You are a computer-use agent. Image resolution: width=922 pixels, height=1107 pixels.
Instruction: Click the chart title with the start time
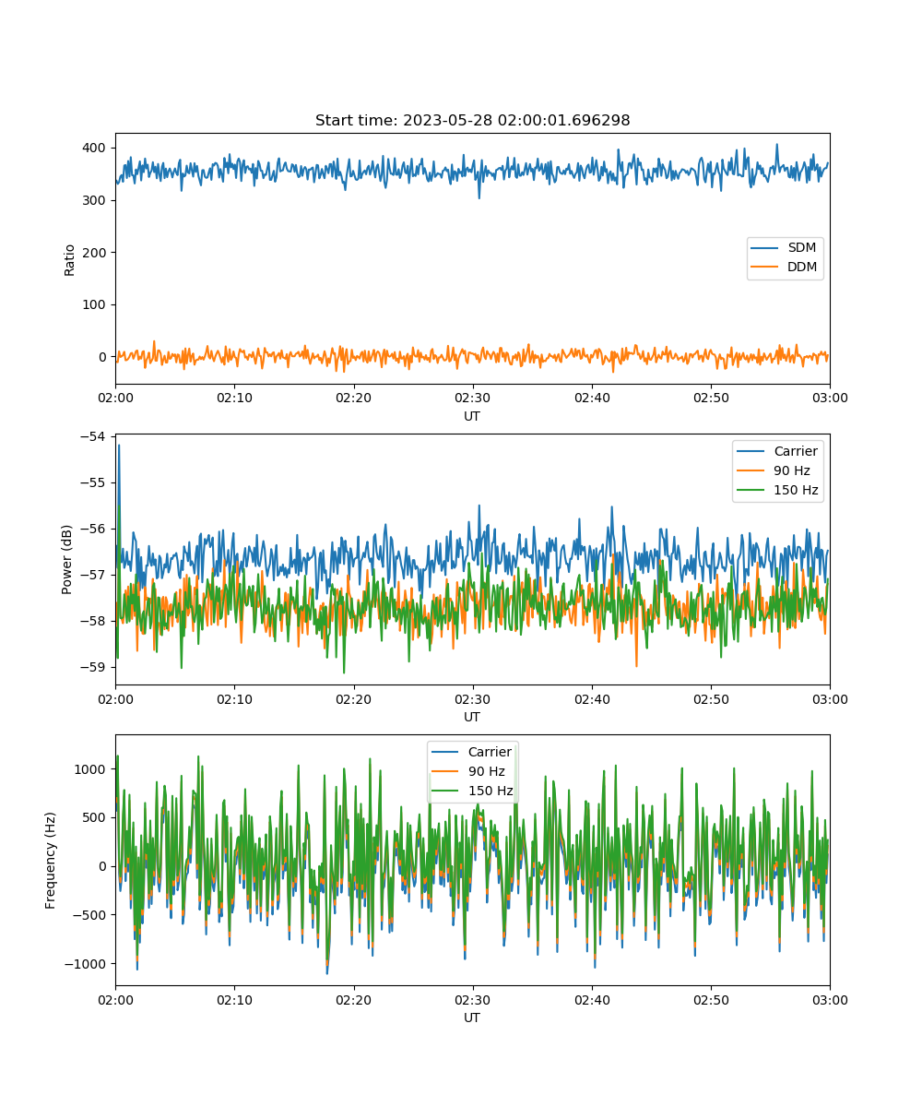[472, 120]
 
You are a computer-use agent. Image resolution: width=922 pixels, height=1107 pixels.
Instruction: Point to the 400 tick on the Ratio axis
[94, 148]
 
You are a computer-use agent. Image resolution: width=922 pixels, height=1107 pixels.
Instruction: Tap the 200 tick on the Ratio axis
[94, 253]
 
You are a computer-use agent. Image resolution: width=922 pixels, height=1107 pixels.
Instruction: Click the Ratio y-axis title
[69, 260]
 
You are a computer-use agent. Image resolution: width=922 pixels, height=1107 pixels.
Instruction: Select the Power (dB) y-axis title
[66, 559]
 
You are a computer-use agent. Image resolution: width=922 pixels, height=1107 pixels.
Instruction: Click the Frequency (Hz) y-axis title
[51, 861]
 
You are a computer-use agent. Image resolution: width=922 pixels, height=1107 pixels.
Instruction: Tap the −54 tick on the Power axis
[93, 436]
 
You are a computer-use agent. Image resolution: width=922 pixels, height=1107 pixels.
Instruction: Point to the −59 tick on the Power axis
[93, 667]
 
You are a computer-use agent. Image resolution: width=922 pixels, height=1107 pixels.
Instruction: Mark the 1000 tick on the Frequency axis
[89, 769]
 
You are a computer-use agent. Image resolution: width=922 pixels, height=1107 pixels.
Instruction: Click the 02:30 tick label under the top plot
[473, 398]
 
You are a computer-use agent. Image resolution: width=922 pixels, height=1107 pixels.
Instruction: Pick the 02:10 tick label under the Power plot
[235, 699]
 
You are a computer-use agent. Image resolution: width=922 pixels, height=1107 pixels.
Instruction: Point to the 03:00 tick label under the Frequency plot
[830, 1000]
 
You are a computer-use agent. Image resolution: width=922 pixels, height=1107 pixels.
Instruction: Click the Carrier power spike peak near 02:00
[119, 446]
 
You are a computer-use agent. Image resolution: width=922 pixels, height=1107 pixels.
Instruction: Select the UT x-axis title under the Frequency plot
[471, 1018]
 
